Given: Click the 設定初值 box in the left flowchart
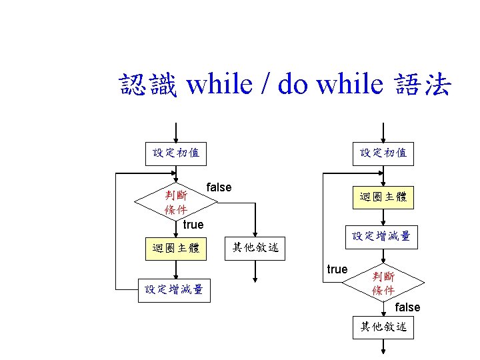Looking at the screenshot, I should (176, 153).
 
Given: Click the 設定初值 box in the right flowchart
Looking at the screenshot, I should (383, 153).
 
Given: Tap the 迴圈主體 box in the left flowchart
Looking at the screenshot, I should (176, 249).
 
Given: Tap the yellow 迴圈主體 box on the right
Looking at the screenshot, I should (383, 197).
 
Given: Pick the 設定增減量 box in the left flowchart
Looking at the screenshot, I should (174, 289).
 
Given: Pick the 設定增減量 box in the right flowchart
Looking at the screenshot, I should (381, 236).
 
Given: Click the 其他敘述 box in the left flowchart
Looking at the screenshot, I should (255, 249).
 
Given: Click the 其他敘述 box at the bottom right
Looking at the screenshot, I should (383, 327).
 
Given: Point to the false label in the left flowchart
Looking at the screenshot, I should (219, 187).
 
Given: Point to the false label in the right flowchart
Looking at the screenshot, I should (407, 307).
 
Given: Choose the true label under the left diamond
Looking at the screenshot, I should (193, 225).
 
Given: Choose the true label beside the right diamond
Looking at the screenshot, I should (337, 269).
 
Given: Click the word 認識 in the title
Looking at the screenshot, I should (148, 85).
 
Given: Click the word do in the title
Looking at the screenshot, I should (293, 85).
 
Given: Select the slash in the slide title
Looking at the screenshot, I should (265, 85).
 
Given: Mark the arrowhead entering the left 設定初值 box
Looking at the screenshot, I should (176, 138).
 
